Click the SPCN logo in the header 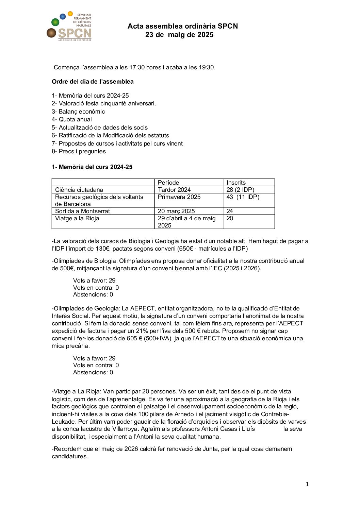(69, 27)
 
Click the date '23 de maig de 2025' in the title (179, 35)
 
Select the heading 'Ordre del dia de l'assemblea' (93, 82)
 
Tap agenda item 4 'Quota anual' (72, 119)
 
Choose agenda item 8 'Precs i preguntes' (79, 151)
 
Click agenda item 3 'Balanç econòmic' (78, 112)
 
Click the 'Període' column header (168, 183)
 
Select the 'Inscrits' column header (236, 183)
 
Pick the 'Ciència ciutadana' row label (79, 190)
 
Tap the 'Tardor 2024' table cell (174, 190)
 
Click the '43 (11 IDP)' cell (243, 197)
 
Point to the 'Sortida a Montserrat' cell (82, 211)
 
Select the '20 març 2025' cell (176, 211)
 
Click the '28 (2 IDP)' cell (240, 190)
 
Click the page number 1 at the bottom (307, 484)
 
